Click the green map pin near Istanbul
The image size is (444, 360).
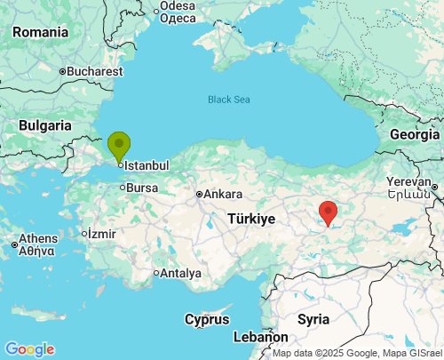click(118, 146)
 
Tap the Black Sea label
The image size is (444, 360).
click(229, 100)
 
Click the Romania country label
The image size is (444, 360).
click(40, 32)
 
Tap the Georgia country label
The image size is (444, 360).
click(415, 134)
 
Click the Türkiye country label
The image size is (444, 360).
click(251, 219)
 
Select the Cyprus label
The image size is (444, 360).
click(207, 319)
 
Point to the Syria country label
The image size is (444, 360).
click(313, 318)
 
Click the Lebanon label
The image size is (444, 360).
click(261, 338)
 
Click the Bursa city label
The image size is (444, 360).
click(141, 188)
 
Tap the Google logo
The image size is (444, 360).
click(29, 349)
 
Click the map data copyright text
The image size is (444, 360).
click(356, 353)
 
